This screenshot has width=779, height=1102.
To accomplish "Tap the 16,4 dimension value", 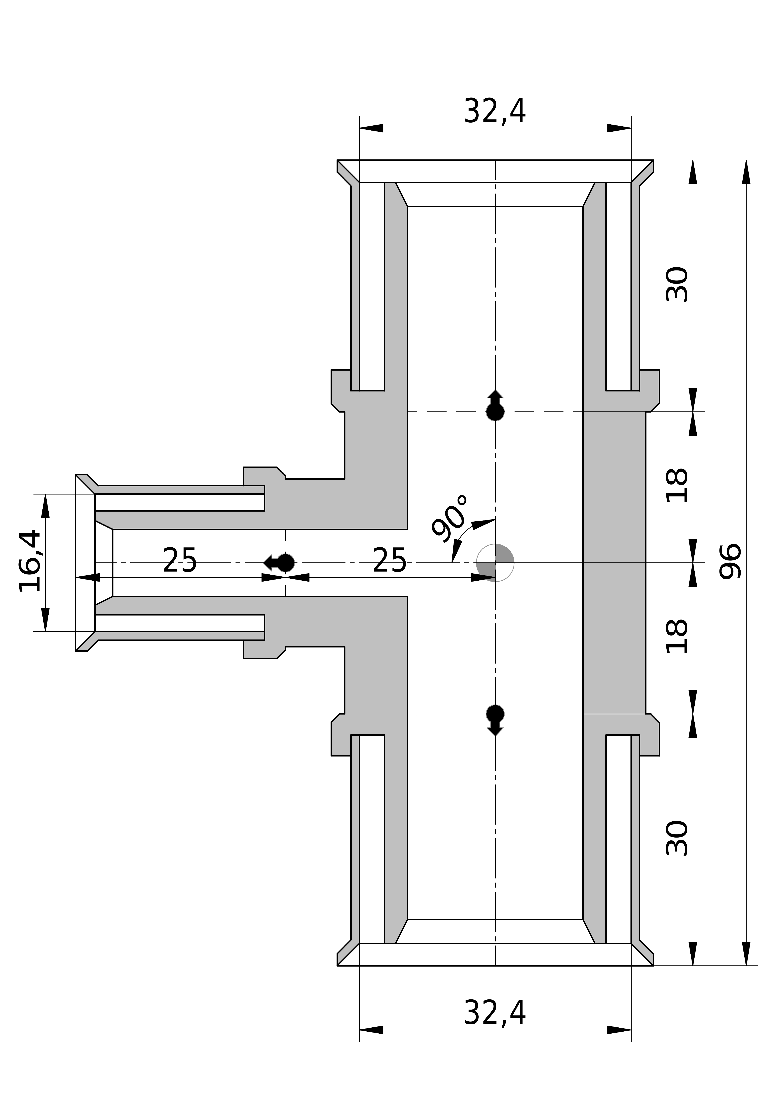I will [x=31, y=561].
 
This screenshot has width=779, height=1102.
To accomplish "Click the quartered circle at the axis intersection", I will [x=495, y=562].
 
